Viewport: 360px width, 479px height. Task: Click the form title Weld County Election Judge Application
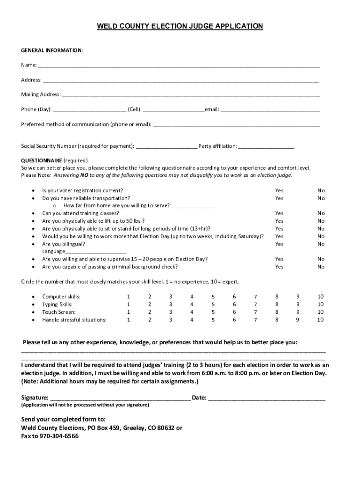(180, 27)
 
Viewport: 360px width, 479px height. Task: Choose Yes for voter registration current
(279, 190)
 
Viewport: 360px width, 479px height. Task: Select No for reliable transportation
(321, 198)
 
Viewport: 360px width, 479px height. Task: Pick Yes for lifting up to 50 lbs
(279, 221)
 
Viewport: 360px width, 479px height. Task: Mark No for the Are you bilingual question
(321, 244)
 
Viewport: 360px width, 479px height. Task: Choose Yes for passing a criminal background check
(279, 267)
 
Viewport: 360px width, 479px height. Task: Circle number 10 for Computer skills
(320, 297)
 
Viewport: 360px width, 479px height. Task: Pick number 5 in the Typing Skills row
(213, 304)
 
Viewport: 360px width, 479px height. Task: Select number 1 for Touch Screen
(128, 312)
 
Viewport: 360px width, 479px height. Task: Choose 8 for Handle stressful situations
(277, 320)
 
